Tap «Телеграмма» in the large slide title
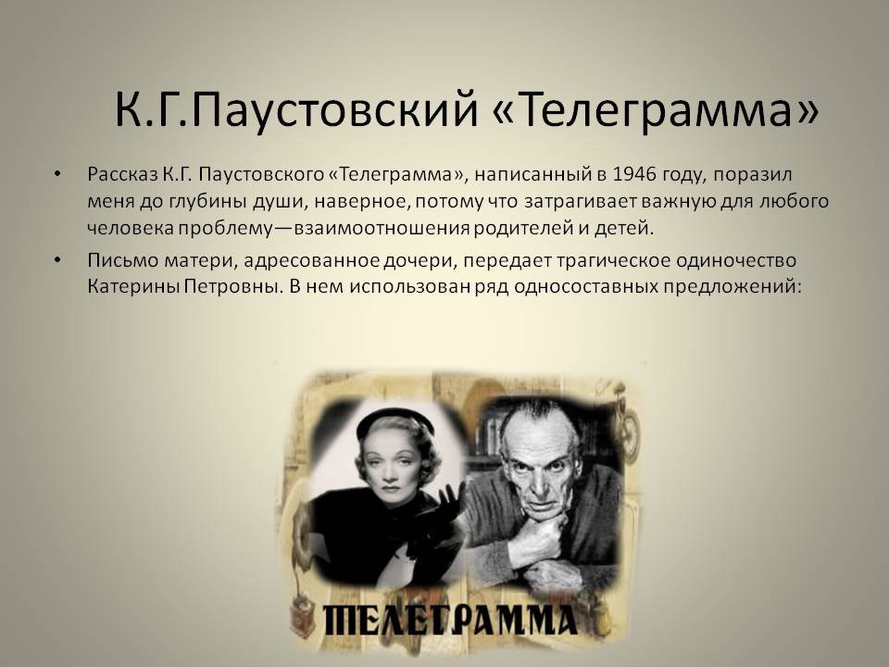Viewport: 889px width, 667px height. point(656,109)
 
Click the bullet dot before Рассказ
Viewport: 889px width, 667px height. point(56,174)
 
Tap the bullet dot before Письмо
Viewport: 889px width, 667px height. point(56,260)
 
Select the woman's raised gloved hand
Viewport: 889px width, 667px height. point(449,508)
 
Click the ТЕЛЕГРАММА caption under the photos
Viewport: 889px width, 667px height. point(450,620)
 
